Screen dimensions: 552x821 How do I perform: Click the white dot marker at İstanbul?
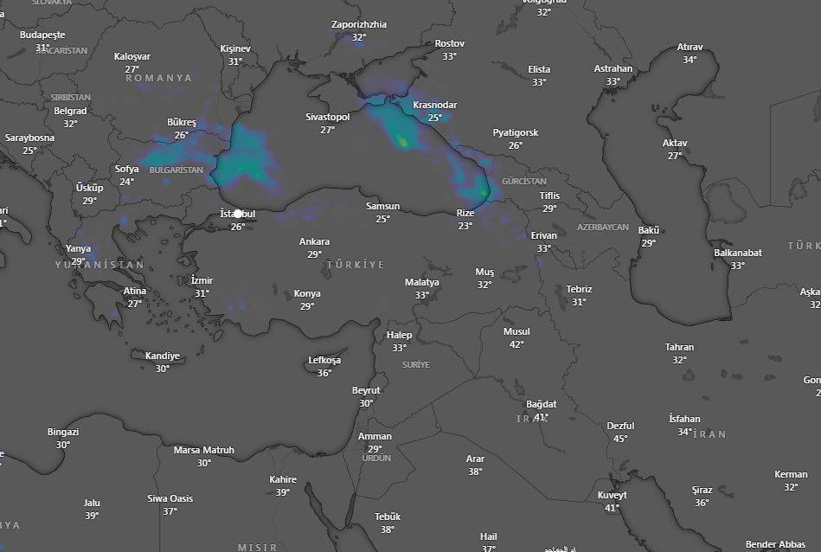pos(238,213)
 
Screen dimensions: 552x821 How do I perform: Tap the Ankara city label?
pos(314,241)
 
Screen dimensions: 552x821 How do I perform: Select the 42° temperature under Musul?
pos(516,344)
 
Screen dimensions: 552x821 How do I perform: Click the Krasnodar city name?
pos(434,105)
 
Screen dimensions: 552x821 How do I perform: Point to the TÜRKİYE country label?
pos(356,264)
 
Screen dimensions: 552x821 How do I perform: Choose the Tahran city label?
pos(679,347)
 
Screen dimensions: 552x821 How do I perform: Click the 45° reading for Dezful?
pos(620,439)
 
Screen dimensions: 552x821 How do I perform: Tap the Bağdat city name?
pos(542,404)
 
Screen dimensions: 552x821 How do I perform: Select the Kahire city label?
pos(283,479)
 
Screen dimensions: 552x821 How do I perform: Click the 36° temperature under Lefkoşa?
pos(324,373)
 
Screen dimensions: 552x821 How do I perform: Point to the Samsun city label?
pos(382,206)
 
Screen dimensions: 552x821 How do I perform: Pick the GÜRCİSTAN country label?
pos(524,182)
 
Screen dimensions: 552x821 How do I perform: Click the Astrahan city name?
pos(613,68)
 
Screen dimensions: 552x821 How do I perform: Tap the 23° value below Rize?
pos(465,226)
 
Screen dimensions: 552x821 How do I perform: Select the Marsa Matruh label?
pos(203,450)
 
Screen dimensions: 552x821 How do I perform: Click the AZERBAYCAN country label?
pos(603,227)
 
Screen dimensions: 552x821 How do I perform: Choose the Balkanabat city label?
pos(738,253)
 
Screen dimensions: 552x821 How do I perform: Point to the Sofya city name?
pos(126,169)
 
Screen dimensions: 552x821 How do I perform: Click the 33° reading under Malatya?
pos(421,295)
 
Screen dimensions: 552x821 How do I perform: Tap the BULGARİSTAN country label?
pos(176,170)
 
